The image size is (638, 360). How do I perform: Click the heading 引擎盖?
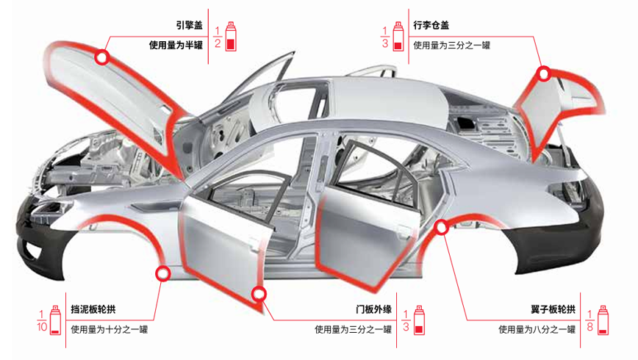(189, 25)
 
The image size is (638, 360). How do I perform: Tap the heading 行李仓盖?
(431, 25)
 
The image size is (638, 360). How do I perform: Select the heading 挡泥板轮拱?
(93, 309)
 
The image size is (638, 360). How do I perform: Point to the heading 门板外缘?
(373, 309)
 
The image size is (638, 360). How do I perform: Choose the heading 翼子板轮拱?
(553, 309)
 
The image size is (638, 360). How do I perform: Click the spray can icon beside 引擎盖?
(231, 36)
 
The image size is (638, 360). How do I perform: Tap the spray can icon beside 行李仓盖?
(398, 36)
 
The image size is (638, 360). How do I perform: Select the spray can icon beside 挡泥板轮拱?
(55, 320)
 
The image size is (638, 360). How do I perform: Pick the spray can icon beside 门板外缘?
(419, 320)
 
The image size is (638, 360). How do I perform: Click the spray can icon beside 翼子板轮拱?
(603, 320)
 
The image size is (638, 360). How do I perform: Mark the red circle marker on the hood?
(102, 57)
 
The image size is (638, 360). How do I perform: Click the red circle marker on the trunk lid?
(544, 74)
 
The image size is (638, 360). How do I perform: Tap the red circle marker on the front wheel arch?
(162, 274)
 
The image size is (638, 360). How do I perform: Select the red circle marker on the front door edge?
(259, 293)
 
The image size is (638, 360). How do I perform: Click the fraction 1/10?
(41, 320)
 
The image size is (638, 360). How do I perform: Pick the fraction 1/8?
(589, 320)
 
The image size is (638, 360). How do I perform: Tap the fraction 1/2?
(218, 37)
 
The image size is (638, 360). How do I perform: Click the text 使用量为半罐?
(176, 45)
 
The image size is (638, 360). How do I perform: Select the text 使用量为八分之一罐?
(537, 329)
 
